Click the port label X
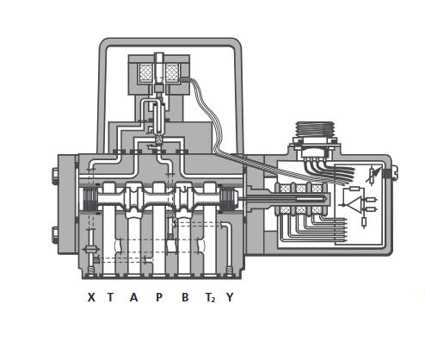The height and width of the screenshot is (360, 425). tap(91, 297)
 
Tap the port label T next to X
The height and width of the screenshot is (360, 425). tap(110, 297)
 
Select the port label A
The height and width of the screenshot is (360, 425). tap(133, 297)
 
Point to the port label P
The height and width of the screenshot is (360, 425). tap(159, 297)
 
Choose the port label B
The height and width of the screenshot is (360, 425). tap(185, 297)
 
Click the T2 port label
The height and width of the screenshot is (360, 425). tap(210, 297)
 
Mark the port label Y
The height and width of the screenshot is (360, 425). tap(230, 297)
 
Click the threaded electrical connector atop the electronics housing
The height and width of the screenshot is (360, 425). tap(315, 130)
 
